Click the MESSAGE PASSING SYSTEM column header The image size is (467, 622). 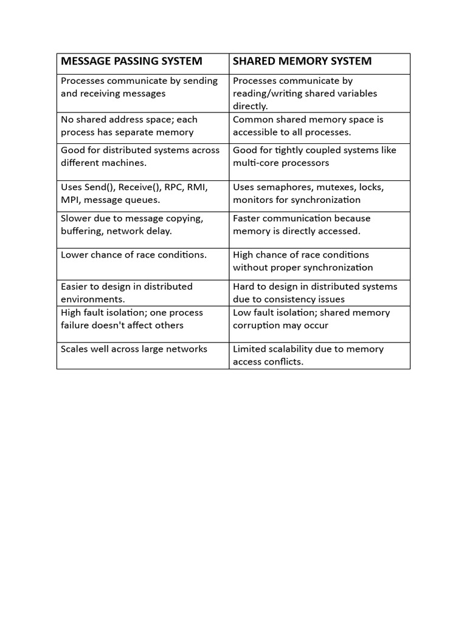click(131, 61)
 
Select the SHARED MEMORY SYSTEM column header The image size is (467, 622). click(302, 61)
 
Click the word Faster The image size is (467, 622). click(246, 218)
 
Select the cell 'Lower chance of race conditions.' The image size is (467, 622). click(134, 255)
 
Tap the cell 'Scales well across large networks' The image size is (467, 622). click(134, 349)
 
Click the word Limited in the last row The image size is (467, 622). click(249, 349)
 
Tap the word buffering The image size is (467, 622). click(82, 231)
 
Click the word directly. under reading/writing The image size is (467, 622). click(250, 106)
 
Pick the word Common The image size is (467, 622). click(252, 120)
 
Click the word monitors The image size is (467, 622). click(254, 200)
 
